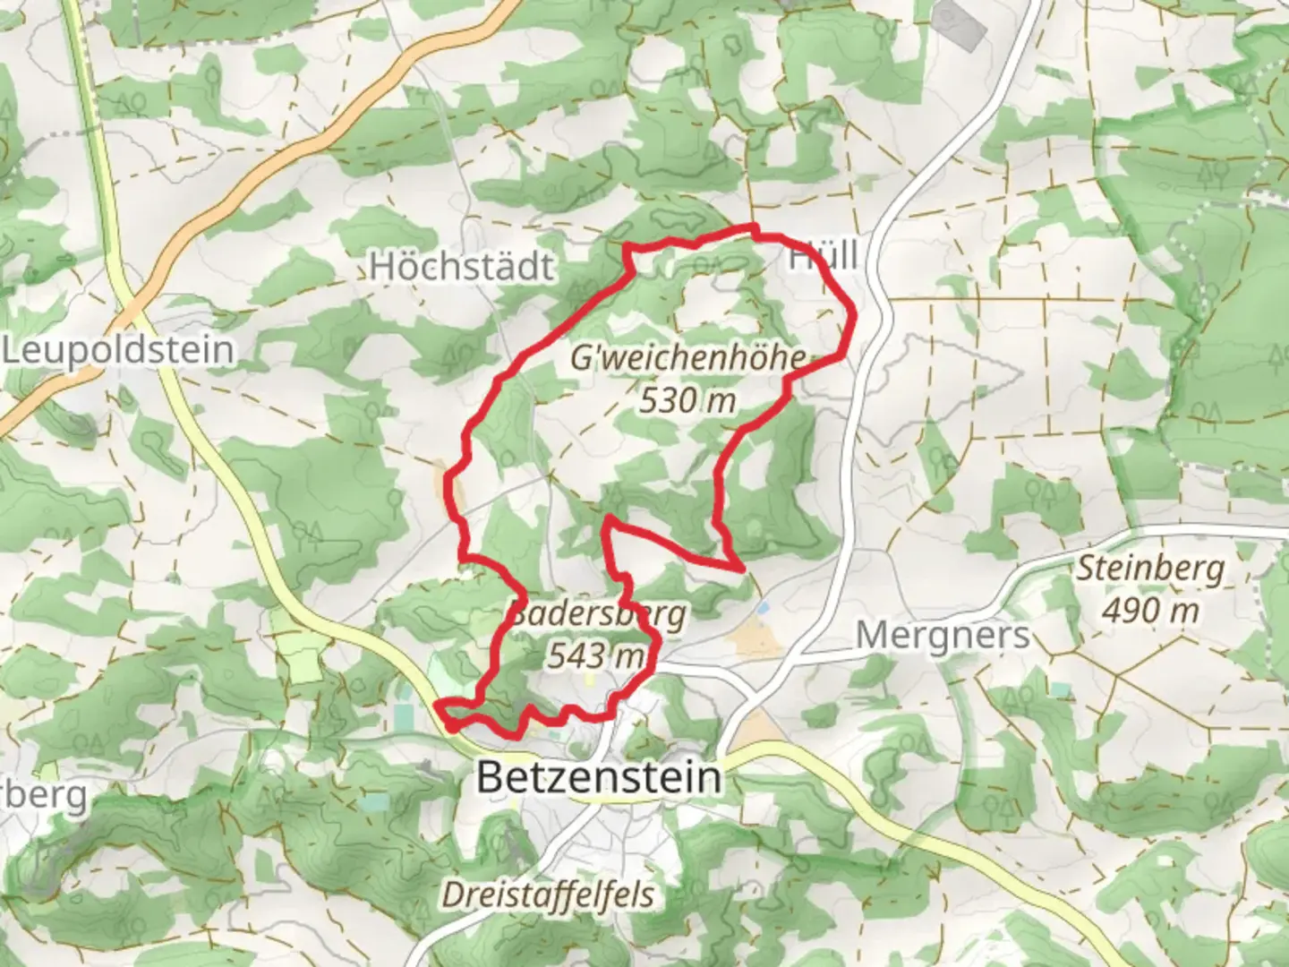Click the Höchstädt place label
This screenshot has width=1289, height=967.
coord(462,267)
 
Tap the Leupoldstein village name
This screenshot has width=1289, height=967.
coord(118,350)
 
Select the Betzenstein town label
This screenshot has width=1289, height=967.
coord(598,776)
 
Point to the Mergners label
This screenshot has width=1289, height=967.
coord(943,637)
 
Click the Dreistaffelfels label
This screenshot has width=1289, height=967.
coord(548,894)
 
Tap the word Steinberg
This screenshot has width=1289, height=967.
coord(1150,569)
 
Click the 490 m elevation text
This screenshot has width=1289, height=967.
coord(1150,611)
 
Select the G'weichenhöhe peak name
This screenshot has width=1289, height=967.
coord(687,358)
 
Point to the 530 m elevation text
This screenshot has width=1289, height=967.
coord(687,400)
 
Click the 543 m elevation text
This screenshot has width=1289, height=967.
coord(595,656)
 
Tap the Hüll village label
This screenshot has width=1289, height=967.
coord(822,257)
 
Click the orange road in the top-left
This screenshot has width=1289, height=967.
coord(269,161)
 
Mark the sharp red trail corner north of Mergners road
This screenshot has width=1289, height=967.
coord(741,568)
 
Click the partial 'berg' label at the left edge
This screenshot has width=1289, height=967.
coord(45,794)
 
